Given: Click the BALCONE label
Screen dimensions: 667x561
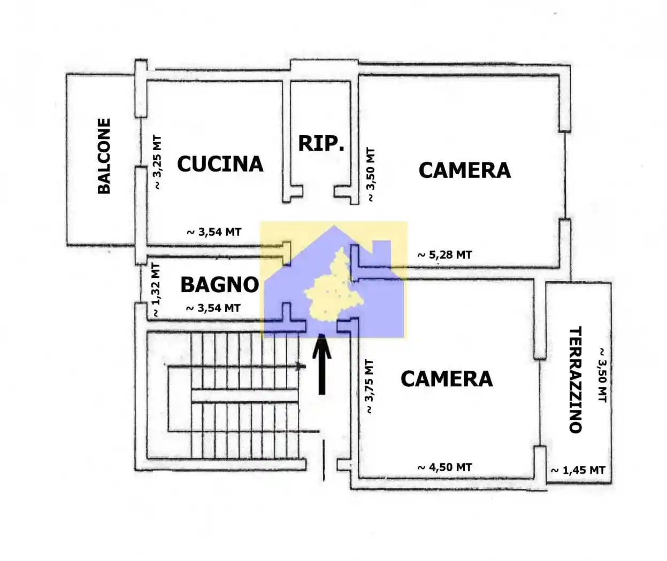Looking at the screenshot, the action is point(104,156).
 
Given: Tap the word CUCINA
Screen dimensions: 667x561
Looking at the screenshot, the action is point(220,164).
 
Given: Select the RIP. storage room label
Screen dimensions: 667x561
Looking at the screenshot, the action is point(321,144).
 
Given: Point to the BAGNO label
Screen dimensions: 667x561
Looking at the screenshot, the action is point(220,285).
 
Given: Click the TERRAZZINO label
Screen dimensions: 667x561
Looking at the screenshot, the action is point(576,380).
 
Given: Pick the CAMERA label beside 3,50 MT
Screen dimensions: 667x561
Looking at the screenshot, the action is point(465,170).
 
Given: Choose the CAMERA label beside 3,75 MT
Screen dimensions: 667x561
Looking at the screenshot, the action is point(447,379).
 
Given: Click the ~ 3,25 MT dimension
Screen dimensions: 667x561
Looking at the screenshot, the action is point(158,162).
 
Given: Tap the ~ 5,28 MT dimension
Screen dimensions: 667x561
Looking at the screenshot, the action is point(444,255).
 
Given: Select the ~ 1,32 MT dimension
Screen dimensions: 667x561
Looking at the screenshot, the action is point(156,290).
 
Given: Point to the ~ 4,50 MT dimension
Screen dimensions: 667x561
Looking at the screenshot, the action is point(444,467).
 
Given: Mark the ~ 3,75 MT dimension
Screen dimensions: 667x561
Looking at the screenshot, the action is point(369,387).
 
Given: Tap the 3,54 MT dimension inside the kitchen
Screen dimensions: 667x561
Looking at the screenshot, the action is point(214,232).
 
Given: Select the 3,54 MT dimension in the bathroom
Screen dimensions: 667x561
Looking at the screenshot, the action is point(213,308).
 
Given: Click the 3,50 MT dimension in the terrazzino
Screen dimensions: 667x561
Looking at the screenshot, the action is point(602,375).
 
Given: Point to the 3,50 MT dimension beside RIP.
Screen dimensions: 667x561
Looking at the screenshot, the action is point(371,175).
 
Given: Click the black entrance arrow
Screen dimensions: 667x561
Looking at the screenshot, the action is point(321,364).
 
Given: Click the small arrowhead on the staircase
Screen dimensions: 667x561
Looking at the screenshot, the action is point(300,367).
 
